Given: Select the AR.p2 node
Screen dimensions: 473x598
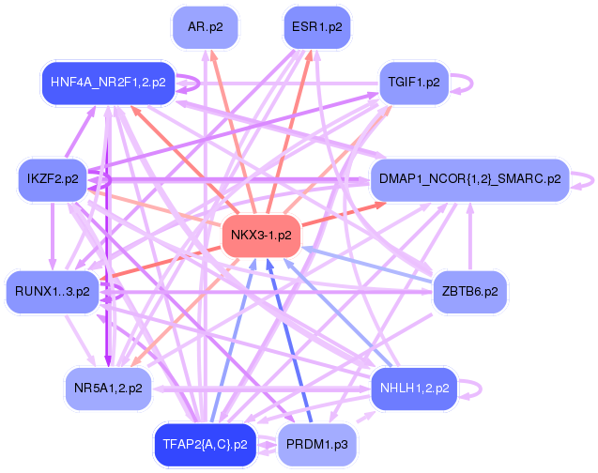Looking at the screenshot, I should pos(205,27).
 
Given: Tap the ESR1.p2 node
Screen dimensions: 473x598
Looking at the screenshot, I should pos(316,27).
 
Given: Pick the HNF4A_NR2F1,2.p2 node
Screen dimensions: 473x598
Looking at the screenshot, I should pos(108,83).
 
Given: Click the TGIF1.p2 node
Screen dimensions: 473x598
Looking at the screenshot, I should pos(413,83).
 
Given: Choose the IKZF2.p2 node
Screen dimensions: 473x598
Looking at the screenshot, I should pos(53,178).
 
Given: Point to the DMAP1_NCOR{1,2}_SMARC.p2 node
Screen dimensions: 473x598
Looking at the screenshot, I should pos(469,178).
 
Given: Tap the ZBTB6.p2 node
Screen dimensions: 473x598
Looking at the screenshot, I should pos(469,292).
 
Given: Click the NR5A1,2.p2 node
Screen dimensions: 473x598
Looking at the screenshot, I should pos(108,387).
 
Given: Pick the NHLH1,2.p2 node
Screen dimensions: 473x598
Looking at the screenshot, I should pos(413,387).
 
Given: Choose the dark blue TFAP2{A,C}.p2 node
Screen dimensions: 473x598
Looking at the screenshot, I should pos(204,444).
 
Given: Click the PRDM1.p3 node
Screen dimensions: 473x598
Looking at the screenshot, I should pos(316,444).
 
